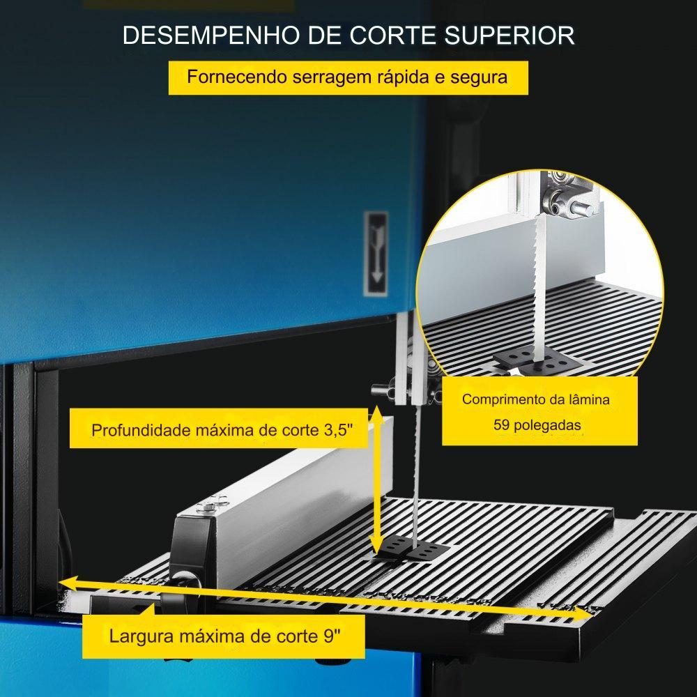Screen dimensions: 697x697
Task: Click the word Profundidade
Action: coord(140,430)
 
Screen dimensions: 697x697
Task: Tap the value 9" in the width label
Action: coord(332,636)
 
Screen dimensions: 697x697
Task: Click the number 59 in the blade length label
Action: coord(501,425)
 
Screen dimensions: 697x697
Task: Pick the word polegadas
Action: coord(546,425)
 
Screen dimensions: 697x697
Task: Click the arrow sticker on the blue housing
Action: coord(376,254)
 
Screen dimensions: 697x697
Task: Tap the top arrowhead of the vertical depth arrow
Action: coord(377,413)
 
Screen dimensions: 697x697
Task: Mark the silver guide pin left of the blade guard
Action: coord(378,390)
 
